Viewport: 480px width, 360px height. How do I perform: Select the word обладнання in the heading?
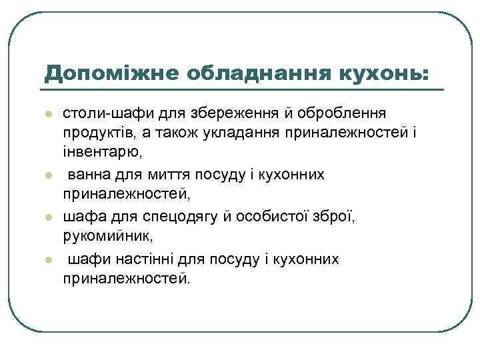232,72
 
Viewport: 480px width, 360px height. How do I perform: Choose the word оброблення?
357,114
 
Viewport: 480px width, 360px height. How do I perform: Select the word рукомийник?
106,237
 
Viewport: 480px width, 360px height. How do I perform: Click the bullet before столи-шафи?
48,115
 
